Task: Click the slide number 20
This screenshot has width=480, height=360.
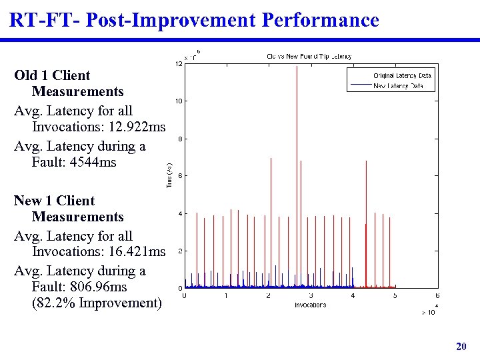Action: coord(460,347)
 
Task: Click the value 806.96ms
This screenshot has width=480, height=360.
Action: coord(97,287)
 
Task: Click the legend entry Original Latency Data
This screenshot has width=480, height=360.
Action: coord(402,75)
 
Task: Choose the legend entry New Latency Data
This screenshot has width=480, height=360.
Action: coord(398,85)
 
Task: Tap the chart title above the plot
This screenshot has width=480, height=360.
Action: coord(309,57)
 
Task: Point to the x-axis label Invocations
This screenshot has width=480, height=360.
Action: coord(310,305)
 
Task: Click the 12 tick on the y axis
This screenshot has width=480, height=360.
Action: coord(179,64)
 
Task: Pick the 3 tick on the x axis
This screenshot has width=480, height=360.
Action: coord(311,295)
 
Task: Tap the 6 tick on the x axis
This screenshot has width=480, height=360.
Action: coord(437,295)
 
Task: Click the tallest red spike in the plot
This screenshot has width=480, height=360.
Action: coord(297,100)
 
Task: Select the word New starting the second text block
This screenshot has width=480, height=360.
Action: coord(27,201)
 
